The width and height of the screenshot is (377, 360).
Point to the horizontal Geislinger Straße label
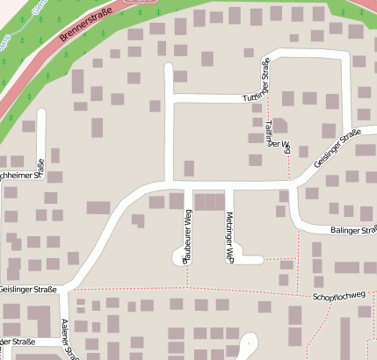pos(28,289)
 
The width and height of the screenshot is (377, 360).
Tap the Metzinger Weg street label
pos(229,237)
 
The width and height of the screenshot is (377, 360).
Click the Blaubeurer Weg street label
pos(187,236)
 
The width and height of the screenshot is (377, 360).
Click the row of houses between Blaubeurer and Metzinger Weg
pos(208,202)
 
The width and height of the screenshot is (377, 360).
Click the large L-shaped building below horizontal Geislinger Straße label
pos(39,317)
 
